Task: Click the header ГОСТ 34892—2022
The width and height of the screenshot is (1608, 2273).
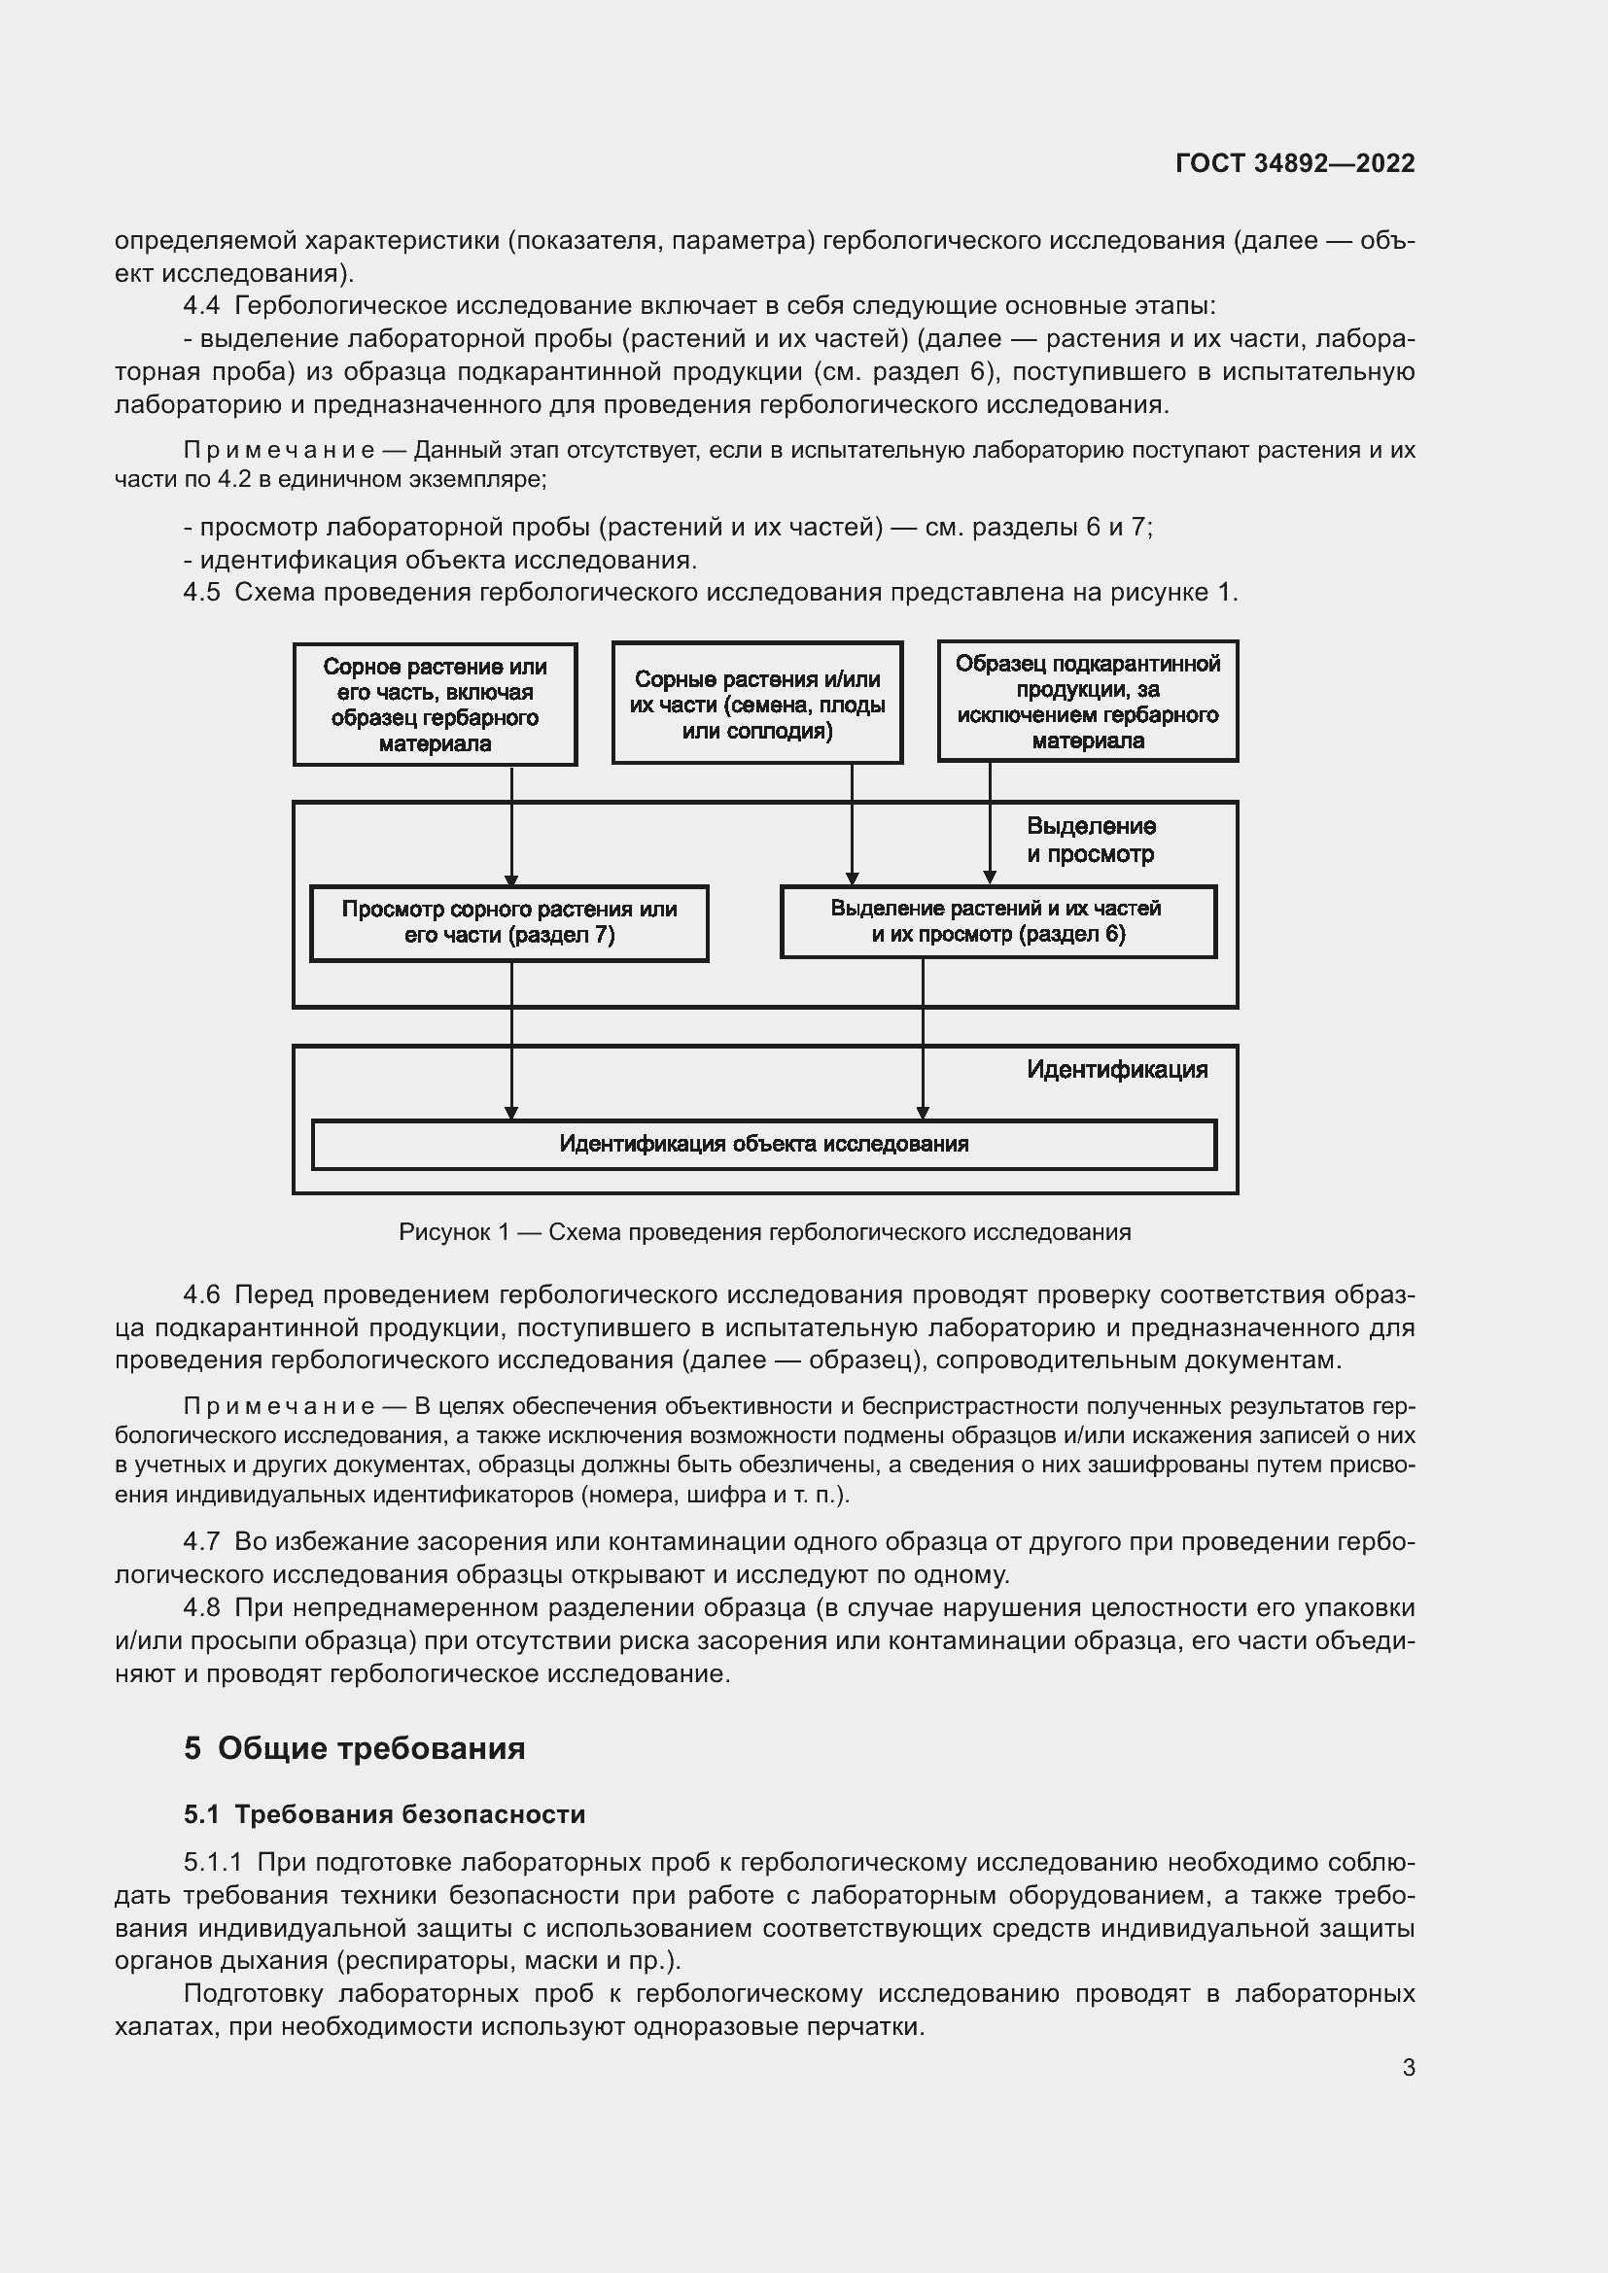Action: [1294, 163]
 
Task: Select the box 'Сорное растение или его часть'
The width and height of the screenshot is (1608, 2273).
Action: [435, 705]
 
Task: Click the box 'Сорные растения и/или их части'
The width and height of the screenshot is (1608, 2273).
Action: [756, 705]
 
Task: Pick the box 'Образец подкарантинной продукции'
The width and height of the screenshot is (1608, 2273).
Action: [1087, 701]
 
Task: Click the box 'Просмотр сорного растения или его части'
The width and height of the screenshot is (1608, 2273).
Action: [508, 922]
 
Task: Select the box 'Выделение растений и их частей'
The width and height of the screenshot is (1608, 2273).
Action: [997, 921]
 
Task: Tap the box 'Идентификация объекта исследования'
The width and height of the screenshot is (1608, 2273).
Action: [763, 1145]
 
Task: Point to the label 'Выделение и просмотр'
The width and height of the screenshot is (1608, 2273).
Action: [1090, 840]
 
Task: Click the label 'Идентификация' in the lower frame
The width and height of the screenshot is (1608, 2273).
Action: [1116, 1069]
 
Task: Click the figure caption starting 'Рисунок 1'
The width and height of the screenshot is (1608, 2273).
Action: [763, 1232]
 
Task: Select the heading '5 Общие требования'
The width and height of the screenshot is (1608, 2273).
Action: [354, 1748]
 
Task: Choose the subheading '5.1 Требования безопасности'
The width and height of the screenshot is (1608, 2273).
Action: [384, 1814]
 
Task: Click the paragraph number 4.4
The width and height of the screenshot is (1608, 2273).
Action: [202, 306]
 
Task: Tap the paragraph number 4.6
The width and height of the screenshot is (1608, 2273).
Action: [202, 1294]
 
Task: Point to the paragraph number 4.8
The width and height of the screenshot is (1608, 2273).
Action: [202, 1607]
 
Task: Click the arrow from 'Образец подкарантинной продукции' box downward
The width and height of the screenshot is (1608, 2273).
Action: [989, 822]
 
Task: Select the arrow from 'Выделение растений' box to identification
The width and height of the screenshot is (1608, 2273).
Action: [923, 1040]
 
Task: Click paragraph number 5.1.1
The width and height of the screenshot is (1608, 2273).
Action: [212, 1862]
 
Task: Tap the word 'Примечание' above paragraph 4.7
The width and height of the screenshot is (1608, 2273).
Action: [279, 1407]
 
